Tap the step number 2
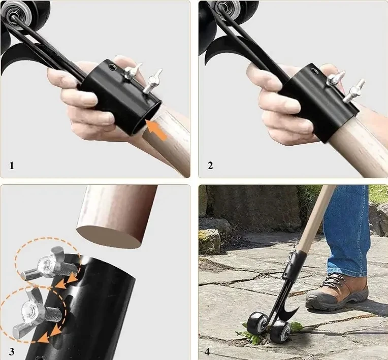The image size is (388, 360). (x=210, y=166)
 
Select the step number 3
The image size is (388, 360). (x=12, y=350)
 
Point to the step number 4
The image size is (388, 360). (x=208, y=350)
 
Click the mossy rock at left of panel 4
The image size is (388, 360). (x=209, y=241)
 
